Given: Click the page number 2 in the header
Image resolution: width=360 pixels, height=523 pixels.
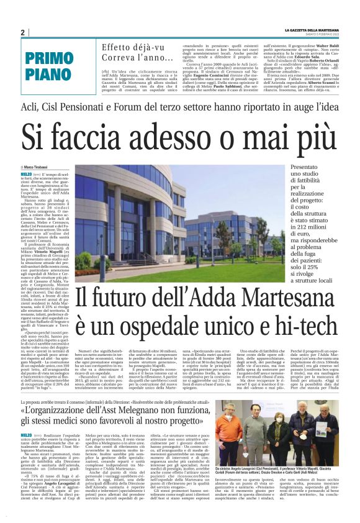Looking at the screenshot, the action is (x=22, y=32).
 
